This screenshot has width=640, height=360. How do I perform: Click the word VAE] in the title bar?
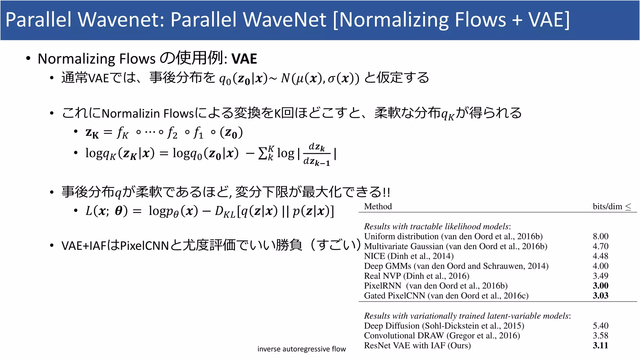pyautogui.click(x=549, y=20)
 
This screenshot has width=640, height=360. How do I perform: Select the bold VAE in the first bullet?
pyautogui.click(x=244, y=59)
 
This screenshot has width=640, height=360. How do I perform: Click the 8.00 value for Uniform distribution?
pyautogui.click(x=600, y=236)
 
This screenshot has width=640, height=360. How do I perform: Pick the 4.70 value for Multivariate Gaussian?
pyautogui.click(x=600, y=246)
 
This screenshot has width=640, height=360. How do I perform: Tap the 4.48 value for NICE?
pyautogui.click(x=600, y=256)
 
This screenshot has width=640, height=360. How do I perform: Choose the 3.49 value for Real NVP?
pyautogui.click(x=600, y=276)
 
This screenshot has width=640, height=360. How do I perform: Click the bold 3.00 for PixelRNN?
pyautogui.click(x=600, y=286)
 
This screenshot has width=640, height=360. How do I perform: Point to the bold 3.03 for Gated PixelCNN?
pyautogui.click(x=600, y=296)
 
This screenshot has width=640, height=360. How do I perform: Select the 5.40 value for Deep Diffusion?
pyautogui.click(x=600, y=326)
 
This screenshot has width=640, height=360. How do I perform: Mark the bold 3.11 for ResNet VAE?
pyautogui.click(x=600, y=345)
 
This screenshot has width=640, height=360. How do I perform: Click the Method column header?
pyautogui.click(x=378, y=206)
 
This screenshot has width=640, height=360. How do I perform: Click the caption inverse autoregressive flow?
pyautogui.click(x=302, y=349)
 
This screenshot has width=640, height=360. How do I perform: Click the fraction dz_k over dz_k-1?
pyautogui.click(x=317, y=154)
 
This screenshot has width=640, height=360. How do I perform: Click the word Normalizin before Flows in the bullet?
pyautogui.click(x=131, y=113)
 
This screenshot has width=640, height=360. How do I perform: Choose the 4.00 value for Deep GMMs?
pyautogui.click(x=600, y=266)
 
